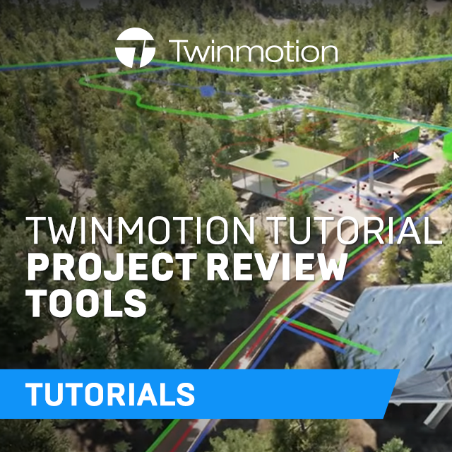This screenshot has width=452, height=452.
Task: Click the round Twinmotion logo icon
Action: pos(136,49)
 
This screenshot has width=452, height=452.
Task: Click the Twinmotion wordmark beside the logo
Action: pos(253,51)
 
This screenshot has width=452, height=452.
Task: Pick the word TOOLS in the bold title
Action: pos(86,303)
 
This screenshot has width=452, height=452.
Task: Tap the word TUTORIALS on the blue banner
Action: pos(110,393)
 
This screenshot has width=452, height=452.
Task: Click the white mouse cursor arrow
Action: pos(396,155)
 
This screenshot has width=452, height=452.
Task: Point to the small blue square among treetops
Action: pos(206,90)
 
